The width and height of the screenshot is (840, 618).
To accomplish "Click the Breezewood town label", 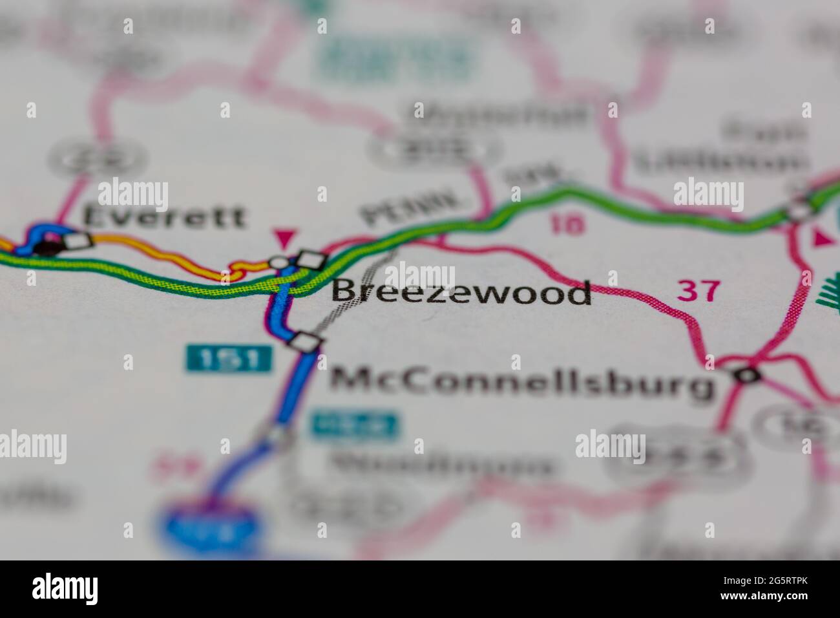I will pyautogui.click(x=461, y=292).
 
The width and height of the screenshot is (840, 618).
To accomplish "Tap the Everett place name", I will pyautogui.click(x=165, y=217).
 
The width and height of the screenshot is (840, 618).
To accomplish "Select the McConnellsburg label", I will pyautogui.click(x=523, y=382).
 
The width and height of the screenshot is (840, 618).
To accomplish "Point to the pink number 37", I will pyautogui.click(x=698, y=291).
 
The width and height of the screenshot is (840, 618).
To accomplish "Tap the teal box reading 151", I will pyautogui.click(x=229, y=359).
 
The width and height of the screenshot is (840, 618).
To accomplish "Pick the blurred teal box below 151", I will pyautogui.click(x=354, y=425).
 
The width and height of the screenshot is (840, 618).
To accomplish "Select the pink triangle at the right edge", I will pyautogui.click(x=823, y=238).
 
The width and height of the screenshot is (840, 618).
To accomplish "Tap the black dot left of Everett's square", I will pyautogui.click(x=47, y=246).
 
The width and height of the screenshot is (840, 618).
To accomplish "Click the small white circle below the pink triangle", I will pyautogui.click(x=278, y=262).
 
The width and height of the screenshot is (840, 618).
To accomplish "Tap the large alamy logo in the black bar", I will pyautogui.click(x=65, y=588).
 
